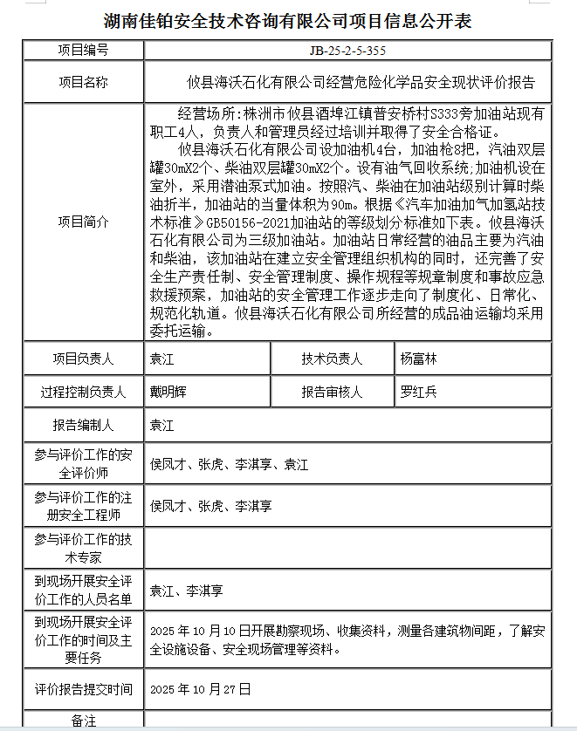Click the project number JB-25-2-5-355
(x=347, y=51)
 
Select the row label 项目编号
(x=83, y=51)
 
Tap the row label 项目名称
(x=83, y=83)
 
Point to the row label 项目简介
(x=83, y=222)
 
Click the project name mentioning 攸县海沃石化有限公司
(x=361, y=83)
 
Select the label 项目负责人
(x=83, y=359)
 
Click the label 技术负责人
(x=332, y=359)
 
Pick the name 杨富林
(x=418, y=359)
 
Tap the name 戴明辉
(x=168, y=393)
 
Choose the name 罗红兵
(x=418, y=393)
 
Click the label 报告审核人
(x=332, y=393)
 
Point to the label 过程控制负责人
(x=83, y=393)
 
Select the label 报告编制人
(x=83, y=427)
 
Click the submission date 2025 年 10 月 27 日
(x=201, y=689)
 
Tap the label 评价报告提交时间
(x=83, y=689)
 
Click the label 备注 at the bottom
(x=83, y=721)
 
